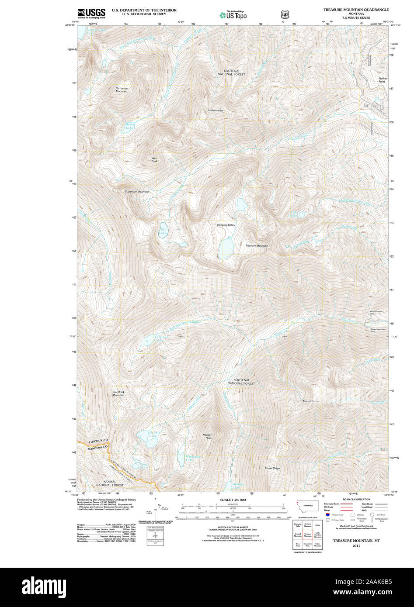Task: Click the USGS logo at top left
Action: [91, 14]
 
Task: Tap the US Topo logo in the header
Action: [233, 15]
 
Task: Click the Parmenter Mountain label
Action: [122, 90]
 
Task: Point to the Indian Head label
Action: [215, 110]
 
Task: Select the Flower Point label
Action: [382, 80]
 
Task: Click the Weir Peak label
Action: [154, 159]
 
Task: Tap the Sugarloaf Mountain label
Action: [137, 192]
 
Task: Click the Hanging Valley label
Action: [226, 225]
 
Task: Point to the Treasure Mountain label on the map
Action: [257, 246]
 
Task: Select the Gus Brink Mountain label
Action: [118, 393]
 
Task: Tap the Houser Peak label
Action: [207, 436]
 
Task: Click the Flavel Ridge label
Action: [272, 468]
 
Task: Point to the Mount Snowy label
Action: [311, 401]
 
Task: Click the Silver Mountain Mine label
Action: [378, 330]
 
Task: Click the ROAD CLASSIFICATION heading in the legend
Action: [356, 499]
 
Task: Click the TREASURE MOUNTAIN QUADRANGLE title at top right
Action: [356, 10]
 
